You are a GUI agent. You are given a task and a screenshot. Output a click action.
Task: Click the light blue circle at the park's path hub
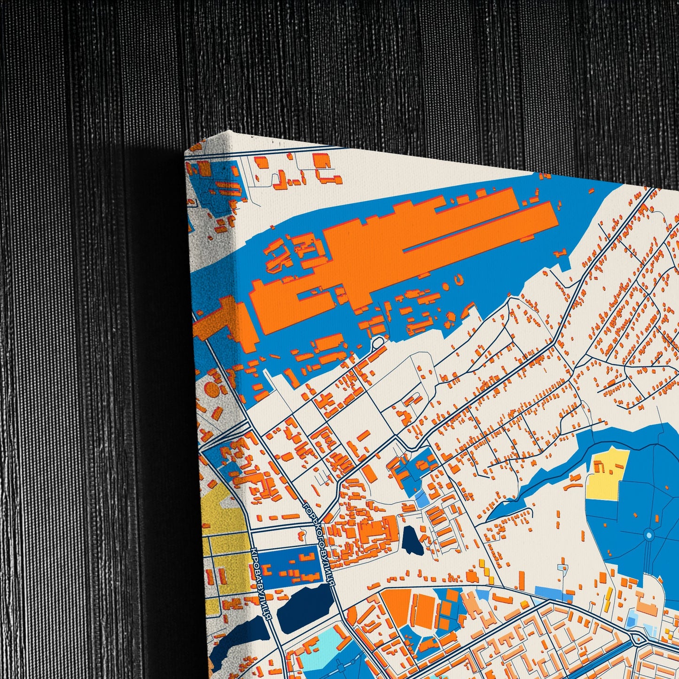point(649,535)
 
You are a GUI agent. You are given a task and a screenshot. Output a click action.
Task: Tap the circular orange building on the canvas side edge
point(212,390)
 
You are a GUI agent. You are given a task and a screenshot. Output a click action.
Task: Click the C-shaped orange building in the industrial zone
point(459,281)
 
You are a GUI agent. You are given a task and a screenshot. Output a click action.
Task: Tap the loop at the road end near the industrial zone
point(377,343)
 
